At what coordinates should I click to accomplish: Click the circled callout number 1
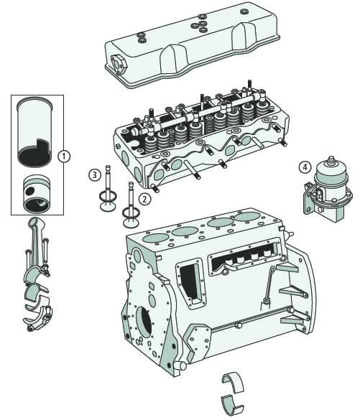63,155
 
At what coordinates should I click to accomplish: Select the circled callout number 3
94,174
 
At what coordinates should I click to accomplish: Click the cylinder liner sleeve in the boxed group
35,129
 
